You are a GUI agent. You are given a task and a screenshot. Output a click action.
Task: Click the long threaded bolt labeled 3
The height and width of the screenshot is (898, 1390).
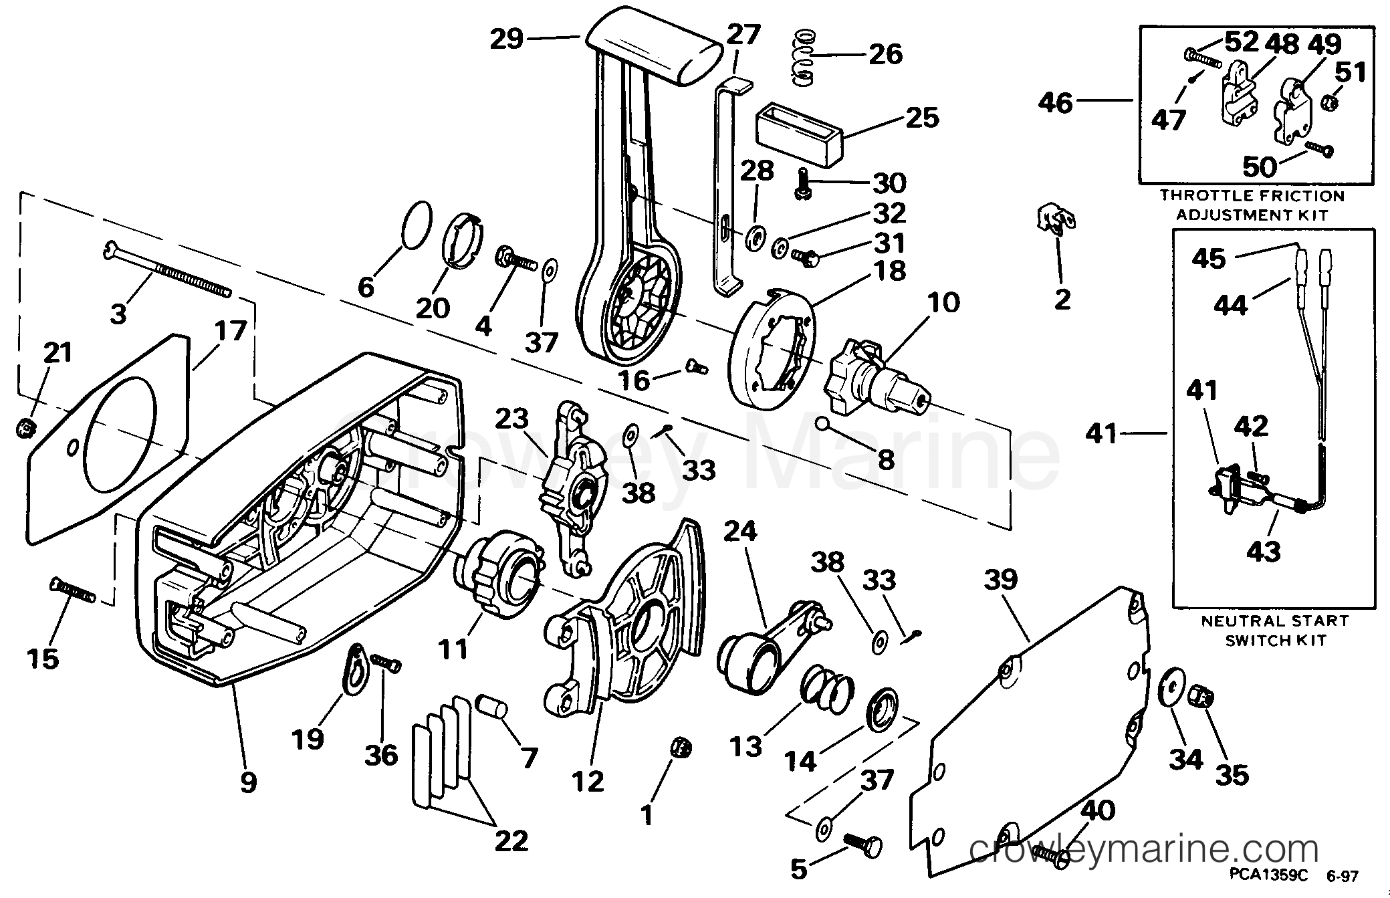168,270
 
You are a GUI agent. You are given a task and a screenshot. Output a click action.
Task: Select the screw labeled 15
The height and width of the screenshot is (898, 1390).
73,590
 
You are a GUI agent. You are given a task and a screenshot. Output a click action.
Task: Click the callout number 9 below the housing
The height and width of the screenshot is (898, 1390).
248,781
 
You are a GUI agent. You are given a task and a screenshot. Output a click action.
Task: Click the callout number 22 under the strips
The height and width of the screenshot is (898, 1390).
511,840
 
